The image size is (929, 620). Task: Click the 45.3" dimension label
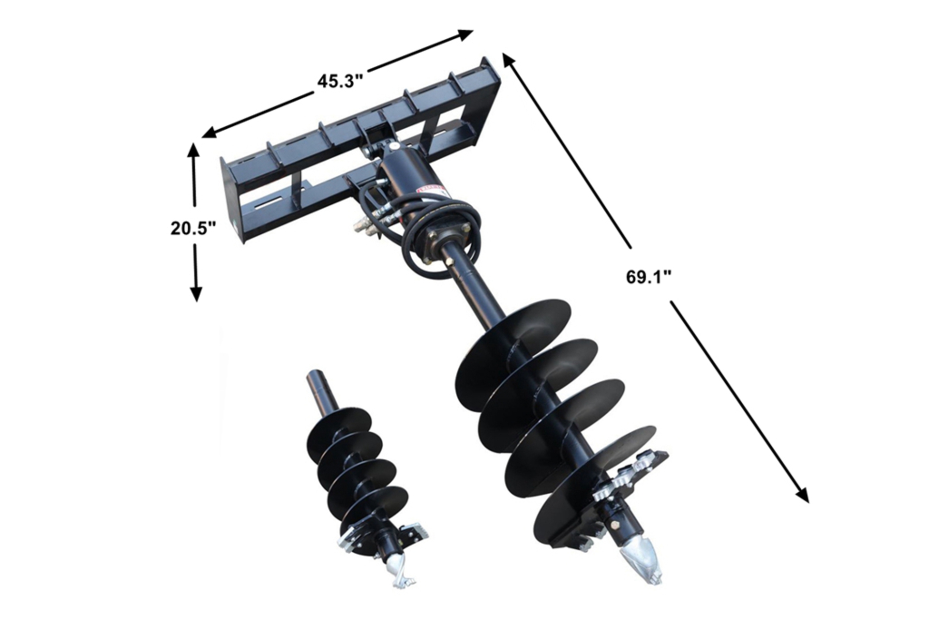pyautogui.click(x=340, y=81)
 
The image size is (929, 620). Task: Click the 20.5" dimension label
pyautogui.click(x=193, y=228)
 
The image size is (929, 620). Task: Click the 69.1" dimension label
pyautogui.click(x=649, y=277)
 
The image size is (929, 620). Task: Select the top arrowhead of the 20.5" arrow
pyautogui.click(x=194, y=150)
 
